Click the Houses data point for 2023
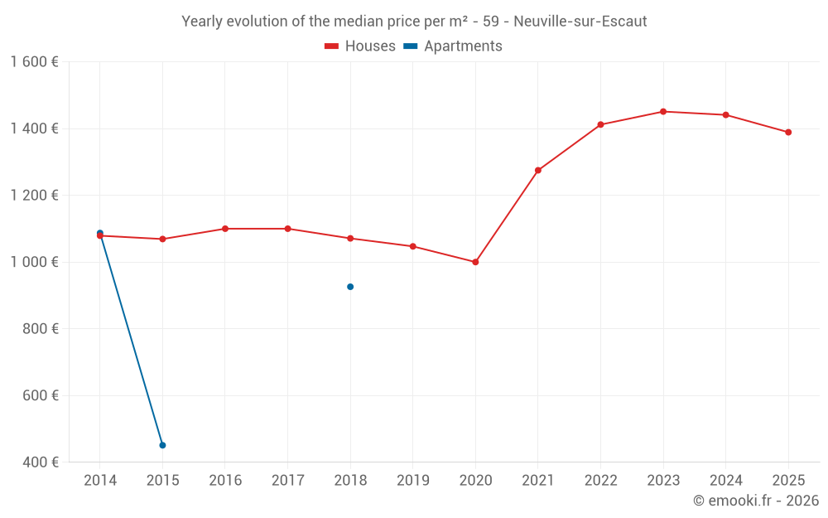point(663,111)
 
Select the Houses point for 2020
point(475,262)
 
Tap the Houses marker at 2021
point(538,170)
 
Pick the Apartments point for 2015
point(162,445)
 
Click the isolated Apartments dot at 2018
point(350,287)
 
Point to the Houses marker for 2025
point(788,132)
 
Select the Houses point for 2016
point(225,229)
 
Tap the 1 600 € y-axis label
point(34,62)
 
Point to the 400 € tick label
point(39,462)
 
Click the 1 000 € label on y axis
point(34,262)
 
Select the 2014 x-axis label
point(100,480)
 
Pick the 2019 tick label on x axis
point(413,480)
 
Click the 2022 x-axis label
point(600,480)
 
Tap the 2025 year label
point(788,480)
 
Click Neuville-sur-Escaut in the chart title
point(580,22)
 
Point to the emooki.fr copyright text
point(755,501)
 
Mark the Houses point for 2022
point(600,124)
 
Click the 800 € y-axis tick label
point(39,328)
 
